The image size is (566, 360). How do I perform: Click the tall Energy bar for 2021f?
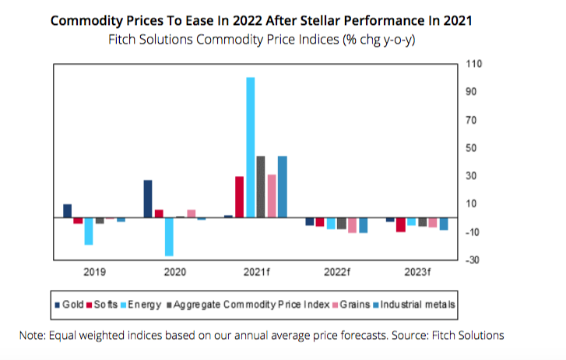[250, 147]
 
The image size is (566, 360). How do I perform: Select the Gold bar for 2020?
[148, 199]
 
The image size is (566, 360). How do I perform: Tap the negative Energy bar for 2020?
[169, 237]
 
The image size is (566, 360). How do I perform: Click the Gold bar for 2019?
[67, 211]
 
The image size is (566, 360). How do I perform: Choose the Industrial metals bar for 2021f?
[283, 187]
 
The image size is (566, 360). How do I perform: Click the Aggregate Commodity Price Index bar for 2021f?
[261, 187]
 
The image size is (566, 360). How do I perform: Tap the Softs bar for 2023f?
[401, 225]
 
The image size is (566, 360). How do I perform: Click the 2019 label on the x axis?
[94, 273]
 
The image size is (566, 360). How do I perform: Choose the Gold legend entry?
[72, 305]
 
